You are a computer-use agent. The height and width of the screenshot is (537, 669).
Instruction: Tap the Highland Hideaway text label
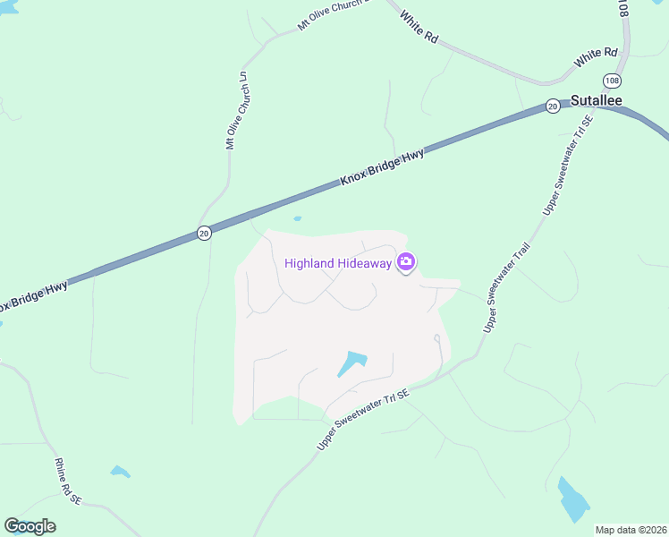click(x=338, y=263)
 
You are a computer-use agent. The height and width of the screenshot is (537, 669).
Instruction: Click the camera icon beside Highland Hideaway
click(x=407, y=261)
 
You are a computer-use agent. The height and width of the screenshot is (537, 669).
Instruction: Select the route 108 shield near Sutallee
click(x=612, y=81)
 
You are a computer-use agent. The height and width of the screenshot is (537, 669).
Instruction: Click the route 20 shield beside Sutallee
click(x=553, y=106)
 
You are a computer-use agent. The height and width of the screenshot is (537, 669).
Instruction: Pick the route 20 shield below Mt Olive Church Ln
click(x=204, y=233)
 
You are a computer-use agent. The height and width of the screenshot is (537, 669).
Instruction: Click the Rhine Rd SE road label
click(x=68, y=479)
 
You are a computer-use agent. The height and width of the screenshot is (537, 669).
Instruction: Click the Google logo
click(x=30, y=526)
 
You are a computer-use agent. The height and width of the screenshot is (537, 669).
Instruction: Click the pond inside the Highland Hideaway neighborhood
click(x=351, y=363)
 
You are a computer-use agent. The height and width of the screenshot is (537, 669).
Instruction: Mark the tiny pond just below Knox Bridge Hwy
click(x=297, y=218)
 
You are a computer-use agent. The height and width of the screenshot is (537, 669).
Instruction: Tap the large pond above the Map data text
click(x=573, y=500)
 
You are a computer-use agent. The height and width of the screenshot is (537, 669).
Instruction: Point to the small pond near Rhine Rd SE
click(x=120, y=472)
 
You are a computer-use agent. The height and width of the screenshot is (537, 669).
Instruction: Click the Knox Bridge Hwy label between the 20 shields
click(x=382, y=167)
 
